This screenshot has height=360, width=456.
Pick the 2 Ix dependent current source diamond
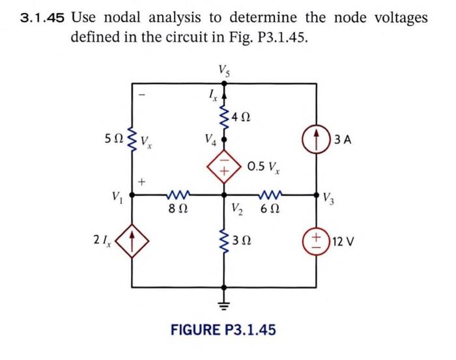(x=134, y=243)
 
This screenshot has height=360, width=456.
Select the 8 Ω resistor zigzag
(x=177, y=193)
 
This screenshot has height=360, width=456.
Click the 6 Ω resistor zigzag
(x=270, y=193)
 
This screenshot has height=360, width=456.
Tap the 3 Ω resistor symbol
(x=224, y=242)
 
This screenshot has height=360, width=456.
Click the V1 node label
(x=117, y=194)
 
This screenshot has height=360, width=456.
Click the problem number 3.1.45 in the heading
(x=42, y=18)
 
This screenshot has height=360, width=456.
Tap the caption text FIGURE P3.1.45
(x=223, y=329)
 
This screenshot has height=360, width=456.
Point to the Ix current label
(x=210, y=98)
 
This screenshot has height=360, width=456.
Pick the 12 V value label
(x=345, y=243)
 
